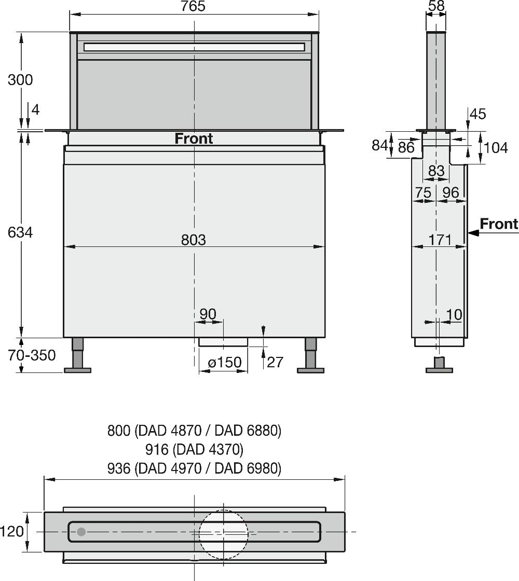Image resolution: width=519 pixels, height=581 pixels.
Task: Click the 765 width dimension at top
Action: pyautogui.click(x=194, y=6)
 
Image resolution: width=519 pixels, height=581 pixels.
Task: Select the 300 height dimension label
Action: pyautogui.click(x=20, y=80)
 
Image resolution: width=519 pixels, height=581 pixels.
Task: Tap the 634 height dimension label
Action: pyautogui.click(x=20, y=232)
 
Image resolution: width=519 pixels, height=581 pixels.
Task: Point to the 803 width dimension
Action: pyautogui.click(x=194, y=240)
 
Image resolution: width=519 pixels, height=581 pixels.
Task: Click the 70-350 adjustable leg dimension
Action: pyautogui.click(x=32, y=355)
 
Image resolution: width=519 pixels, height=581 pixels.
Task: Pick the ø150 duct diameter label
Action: pyautogui.click(x=225, y=362)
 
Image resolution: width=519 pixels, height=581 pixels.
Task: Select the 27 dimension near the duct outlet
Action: pyautogui.click(x=275, y=362)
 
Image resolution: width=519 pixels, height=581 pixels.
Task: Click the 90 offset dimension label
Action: pyautogui.click(x=208, y=314)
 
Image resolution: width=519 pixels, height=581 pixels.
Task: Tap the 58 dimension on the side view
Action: pyautogui.click(x=436, y=6)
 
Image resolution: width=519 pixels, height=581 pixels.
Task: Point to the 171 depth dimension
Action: pyautogui.click(x=440, y=240)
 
